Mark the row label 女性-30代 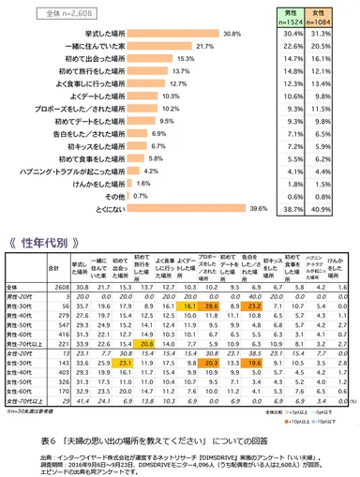pyautogui.click(x=21, y=362)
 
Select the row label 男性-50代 pyautogui.click(x=21, y=326)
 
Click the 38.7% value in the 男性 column pyautogui.click(x=292, y=208)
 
